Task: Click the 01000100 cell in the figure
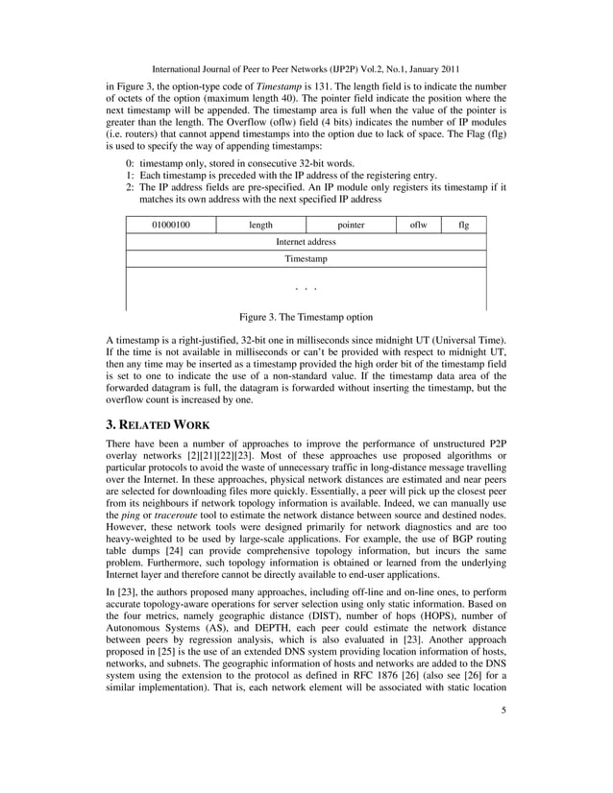[171, 226]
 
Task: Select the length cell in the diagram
[260, 226]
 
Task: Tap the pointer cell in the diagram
[351, 226]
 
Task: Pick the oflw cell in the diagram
[419, 226]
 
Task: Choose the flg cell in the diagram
[464, 226]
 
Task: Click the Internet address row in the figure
[306, 243]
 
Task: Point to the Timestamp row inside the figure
[306, 260]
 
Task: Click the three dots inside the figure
[306, 288]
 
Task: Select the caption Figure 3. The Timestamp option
[306, 317]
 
